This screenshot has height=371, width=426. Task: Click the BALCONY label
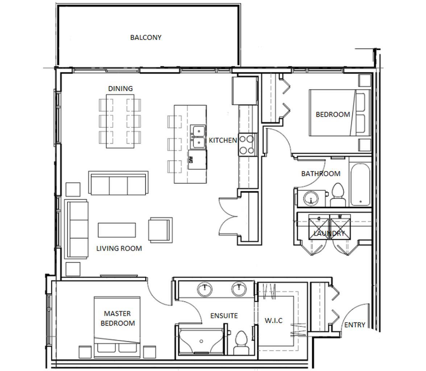tap(146, 37)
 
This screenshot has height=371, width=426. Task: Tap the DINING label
tap(120, 88)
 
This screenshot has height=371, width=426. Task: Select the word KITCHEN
tap(223, 140)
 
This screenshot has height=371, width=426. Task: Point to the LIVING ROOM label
tap(119, 248)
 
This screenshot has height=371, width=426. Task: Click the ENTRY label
tap(355, 325)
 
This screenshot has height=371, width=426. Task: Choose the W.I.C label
tap(273, 321)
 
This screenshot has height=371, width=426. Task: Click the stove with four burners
tap(248, 144)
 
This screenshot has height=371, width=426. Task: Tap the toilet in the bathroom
tap(338, 195)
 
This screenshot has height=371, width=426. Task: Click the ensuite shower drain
tap(202, 341)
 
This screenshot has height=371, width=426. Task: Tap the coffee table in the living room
tap(117, 230)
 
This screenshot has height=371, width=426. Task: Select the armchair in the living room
tap(160, 230)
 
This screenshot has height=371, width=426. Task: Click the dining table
tap(120, 121)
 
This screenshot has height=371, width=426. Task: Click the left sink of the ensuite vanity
tap(205, 289)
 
